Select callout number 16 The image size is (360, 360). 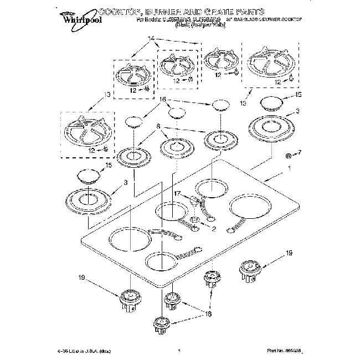pos(162,100)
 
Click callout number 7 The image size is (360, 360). pos(300,152)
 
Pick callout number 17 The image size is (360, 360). pos(178,194)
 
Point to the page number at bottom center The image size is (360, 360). pos(179,351)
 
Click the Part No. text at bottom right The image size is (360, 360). pos(283,351)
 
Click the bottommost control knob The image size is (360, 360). pos(161,323)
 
